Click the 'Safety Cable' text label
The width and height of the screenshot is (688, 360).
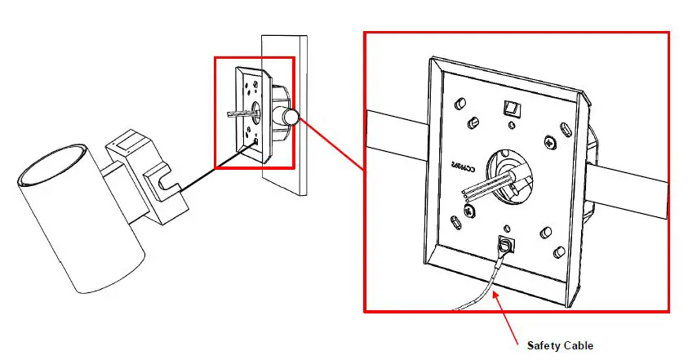pyautogui.click(x=560, y=344)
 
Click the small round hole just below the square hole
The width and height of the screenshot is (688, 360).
pyautogui.click(x=511, y=125)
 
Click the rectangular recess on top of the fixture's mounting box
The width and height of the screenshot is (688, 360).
pyautogui.click(x=125, y=142)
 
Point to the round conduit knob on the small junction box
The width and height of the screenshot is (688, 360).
pyautogui.click(x=291, y=118)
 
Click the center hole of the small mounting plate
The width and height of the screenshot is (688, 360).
pyautogui.click(x=254, y=110)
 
